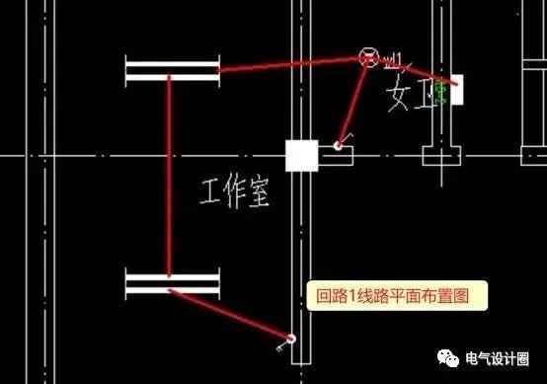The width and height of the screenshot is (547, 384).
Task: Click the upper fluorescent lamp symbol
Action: pos(172,71)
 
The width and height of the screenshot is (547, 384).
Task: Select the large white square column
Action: pos(301,156)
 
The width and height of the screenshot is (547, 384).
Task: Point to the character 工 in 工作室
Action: pos(210,191)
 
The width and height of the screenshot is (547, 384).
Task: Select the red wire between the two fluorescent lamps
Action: pos(170,178)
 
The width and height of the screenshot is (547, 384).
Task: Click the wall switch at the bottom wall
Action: pos(288,341)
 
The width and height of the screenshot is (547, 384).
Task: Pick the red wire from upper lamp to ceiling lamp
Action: pos(286,64)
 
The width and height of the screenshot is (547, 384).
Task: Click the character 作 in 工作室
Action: pos(235,191)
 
